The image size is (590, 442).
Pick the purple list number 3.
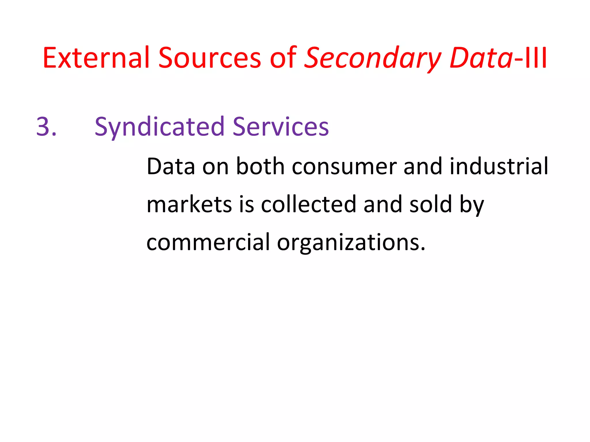[46, 126]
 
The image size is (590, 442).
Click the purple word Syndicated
[160, 127]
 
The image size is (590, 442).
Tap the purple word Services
[281, 127]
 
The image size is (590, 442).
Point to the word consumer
[344, 167]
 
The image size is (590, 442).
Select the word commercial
[208, 242]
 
